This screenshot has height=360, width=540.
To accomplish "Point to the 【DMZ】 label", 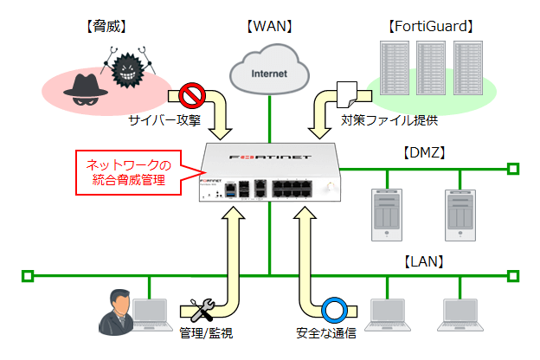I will [423, 152].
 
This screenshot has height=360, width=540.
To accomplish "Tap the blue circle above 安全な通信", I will [333, 310].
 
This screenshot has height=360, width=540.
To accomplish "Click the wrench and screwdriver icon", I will [201, 310].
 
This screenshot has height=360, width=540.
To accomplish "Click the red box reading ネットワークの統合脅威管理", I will [131, 172].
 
